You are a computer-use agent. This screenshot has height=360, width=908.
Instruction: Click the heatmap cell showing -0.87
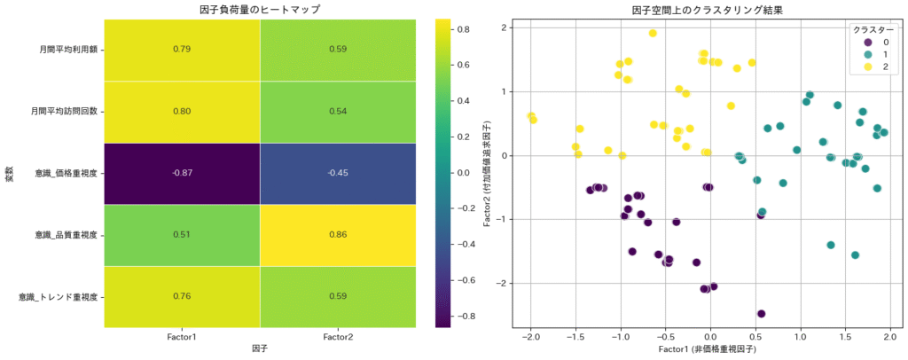pos(182,173)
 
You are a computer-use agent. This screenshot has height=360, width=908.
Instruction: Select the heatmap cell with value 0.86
pos(339,235)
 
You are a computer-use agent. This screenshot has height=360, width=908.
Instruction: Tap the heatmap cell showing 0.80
pos(182,112)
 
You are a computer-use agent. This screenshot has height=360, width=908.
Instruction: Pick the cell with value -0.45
pos(339,173)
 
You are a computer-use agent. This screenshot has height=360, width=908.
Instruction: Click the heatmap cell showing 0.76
pos(182,296)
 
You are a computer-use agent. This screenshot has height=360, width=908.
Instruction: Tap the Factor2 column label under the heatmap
pos(339,337)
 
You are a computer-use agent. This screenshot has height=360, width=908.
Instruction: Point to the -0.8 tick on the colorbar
pos(468,316)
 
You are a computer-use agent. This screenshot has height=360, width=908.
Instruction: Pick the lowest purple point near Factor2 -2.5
pos(761,314)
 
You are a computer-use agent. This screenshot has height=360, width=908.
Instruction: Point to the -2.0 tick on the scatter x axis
pos(530,337)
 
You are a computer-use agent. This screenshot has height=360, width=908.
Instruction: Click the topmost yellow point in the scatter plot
pos(653,34)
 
